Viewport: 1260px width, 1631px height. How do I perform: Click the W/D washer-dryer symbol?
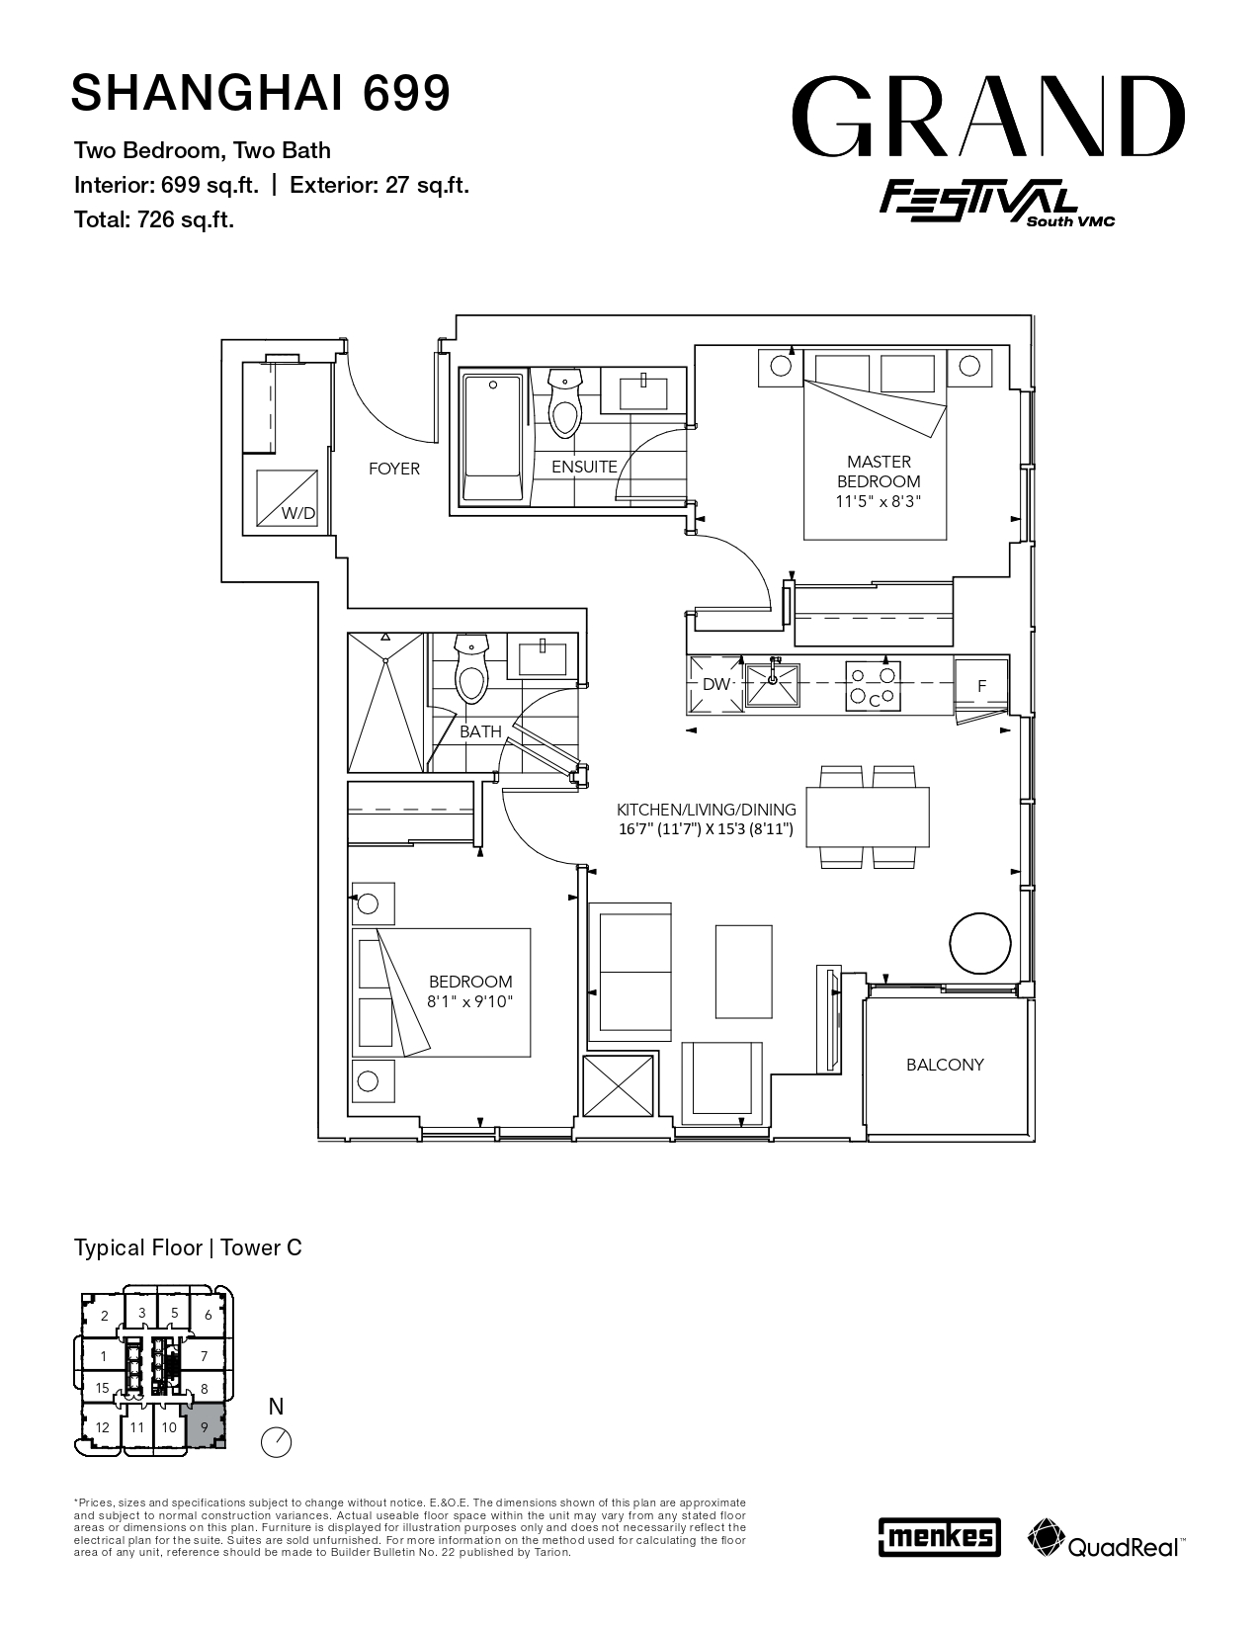click(x=287, y=498)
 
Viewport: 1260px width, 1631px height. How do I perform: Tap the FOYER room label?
click(x=394, y=470)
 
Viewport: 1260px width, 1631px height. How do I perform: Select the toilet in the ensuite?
click(x=565, y=402)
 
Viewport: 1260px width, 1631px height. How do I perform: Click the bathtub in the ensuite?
click(x=492, y=437)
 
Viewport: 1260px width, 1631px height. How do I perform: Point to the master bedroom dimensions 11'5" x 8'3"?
click(x=878, y=501)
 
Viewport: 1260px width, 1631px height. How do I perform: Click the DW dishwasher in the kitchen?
click(x=715, y=684)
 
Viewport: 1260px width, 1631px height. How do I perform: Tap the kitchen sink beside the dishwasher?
click(x=772, y=684)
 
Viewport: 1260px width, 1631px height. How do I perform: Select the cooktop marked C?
click(x=873, y=685)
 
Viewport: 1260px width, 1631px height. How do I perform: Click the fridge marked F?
click(x=981, y=685)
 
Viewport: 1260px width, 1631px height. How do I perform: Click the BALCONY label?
click(x=945, y=1065)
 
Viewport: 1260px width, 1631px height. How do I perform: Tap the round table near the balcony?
click(x=980, y=943)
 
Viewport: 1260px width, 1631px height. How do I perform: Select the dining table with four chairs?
click(x=868, y=816)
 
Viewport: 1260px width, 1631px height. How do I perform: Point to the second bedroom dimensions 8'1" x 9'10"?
click(x=470, y=1001)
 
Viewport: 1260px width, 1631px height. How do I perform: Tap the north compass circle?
click(x=276, y=1442)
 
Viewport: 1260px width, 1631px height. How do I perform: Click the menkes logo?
click(x=940, y=1536)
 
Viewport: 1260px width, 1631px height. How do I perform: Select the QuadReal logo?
click(x=1106, y=1536)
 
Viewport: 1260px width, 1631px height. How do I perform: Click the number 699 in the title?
click(x=407, y=92)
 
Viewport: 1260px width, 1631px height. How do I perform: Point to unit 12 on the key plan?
click(x=102, y=1427)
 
